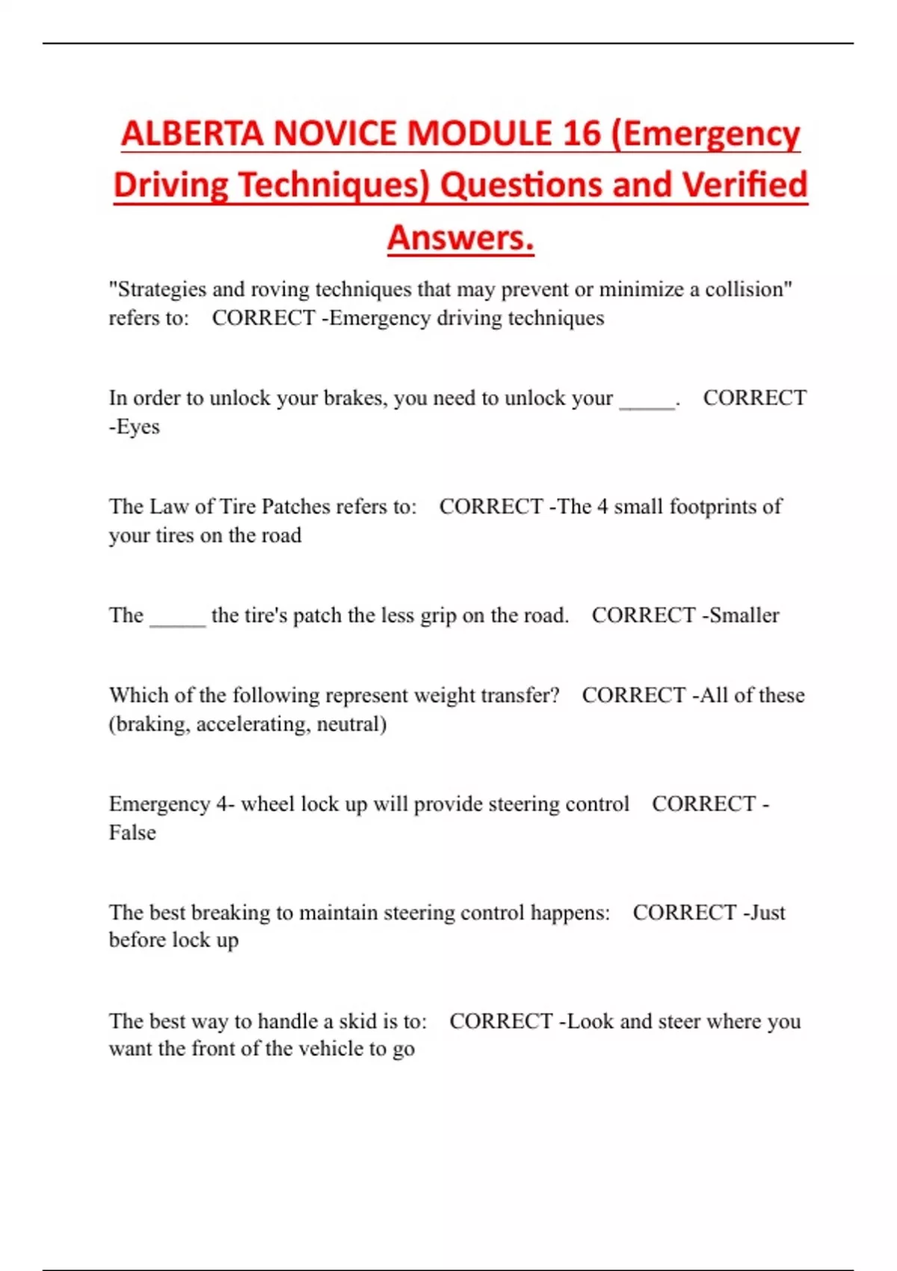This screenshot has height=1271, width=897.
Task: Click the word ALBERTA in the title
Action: [x=192, y=134]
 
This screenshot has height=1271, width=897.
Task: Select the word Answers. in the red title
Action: [x=460, y=238]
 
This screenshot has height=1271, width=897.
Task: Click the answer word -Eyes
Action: [x=135, y=427]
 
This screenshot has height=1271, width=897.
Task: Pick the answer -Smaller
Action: [x=741, y=615]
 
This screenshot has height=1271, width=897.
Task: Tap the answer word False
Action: [x=132, y=833]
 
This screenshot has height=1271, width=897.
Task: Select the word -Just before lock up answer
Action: [x=763, y=913]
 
